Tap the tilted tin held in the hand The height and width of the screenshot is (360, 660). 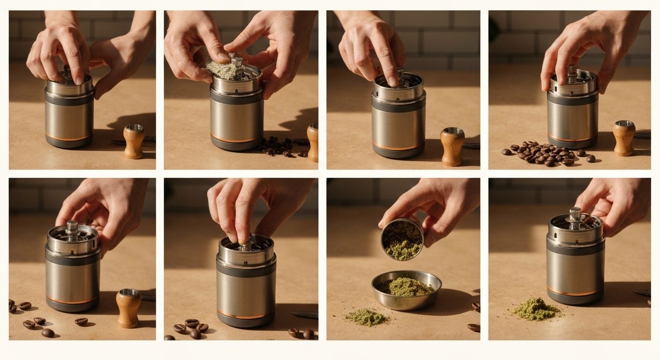pyautogui.click(x=402, y=239)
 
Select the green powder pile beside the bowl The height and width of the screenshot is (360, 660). pyautogui.click(x=366, y=317)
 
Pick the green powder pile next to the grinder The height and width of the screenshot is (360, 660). pyautogui.click(x=535, y=309)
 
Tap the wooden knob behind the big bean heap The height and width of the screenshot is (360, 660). pyautogui.click(x=624, y=137)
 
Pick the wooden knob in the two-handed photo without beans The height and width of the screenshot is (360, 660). pyautogui.click(x=134, y=141)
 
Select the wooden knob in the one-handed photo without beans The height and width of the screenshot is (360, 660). pyautogui.click(x=452, y=146)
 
